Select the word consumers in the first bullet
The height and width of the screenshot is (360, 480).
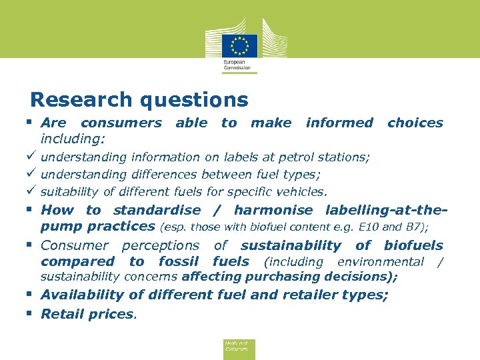pyautogui.click(x=121, y=123)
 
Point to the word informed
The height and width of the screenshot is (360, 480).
pyautogui.click(x=339, y=123)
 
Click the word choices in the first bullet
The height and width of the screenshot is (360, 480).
pyautogui.click(x=415, y=123)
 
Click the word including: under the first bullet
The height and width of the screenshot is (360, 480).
pyautogui.click(x=73, y=139)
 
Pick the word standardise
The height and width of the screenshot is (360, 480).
pyautogui.click(x=157, y=210)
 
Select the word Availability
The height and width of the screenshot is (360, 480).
pyautogui.click(x=87, y=295)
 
